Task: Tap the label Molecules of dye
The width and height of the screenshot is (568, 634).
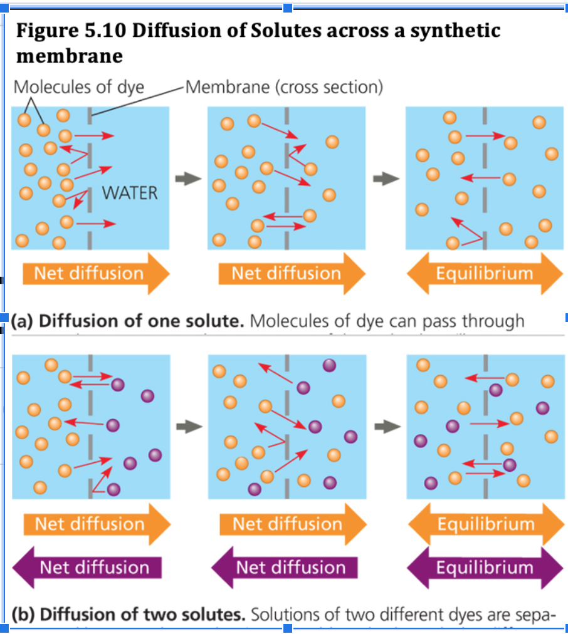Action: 78,87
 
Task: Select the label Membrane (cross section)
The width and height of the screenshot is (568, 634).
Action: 283,87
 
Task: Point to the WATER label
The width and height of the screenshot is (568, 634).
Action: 130,192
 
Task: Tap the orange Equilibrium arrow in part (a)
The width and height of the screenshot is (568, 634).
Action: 484,273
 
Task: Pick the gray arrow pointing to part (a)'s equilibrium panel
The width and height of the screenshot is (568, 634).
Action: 386,179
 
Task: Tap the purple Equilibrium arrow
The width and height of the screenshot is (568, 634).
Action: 484,568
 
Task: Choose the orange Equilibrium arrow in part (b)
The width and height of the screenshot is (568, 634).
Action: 484,524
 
